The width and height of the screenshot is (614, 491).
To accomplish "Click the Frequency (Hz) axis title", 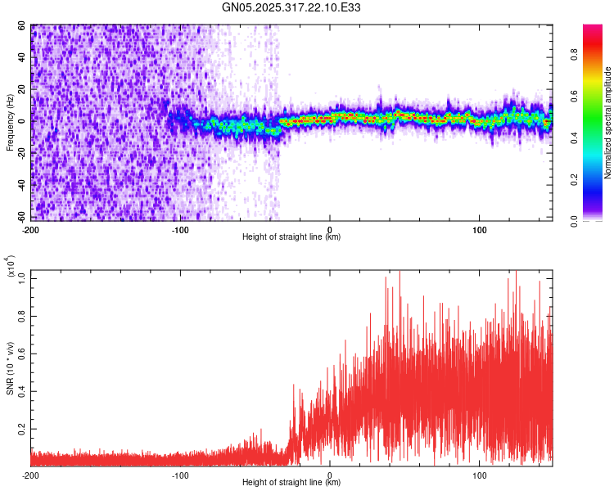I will point(10,122).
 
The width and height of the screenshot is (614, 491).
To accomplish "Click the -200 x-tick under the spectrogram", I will point(30,229).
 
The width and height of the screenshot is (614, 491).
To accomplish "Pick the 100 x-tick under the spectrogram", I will point(480,229).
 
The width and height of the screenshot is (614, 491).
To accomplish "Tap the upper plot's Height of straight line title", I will point(291,237).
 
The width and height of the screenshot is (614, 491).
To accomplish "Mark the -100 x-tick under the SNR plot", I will point(180,475).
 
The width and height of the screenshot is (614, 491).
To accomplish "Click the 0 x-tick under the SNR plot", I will point(330,475).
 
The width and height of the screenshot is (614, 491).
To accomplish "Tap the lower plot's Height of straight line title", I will point(291,484).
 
